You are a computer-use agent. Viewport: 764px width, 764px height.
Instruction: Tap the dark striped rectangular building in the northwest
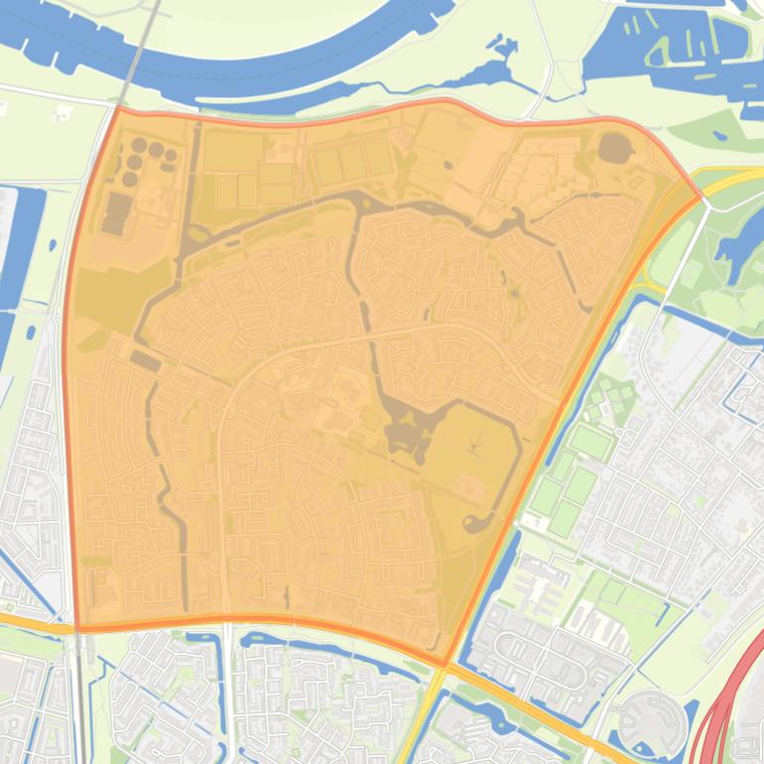(116, 213)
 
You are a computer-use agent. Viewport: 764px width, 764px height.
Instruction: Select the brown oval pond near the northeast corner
(615, 149)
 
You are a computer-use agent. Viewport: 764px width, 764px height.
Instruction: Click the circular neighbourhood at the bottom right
(651, 720)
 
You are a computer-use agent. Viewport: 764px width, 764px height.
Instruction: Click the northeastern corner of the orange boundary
(700, 195)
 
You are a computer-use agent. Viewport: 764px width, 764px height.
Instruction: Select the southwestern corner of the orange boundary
(77, 628)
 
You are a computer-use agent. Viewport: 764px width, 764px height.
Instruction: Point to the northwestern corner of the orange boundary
(118, 107)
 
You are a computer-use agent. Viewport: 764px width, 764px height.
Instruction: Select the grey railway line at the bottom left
(79, 695)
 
